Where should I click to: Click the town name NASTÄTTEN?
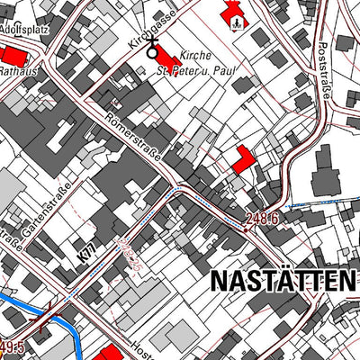(x=282, y=281)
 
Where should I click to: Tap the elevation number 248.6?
(x=265, y=219)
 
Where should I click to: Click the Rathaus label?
(x=17, y=70)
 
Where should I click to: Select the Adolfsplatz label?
(x=22, y=28)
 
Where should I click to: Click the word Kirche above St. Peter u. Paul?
(x=196, y=54)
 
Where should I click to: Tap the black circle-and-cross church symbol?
(x=152, y=50)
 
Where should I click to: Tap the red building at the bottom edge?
(x=107, y=353)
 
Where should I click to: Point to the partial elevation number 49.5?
(x=11, y=346)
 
